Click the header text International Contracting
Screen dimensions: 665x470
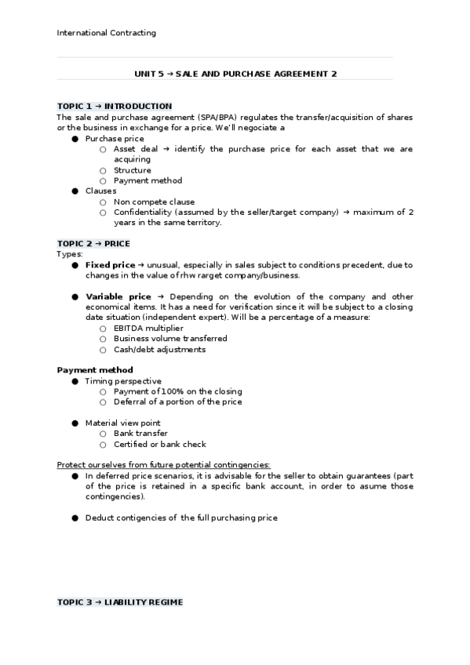[107, 33]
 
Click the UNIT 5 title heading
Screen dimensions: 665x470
[236, 74]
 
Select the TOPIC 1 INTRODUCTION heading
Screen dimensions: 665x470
[115, 106]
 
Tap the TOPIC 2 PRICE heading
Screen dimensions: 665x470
[93, 243]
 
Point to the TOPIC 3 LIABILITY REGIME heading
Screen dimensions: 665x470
[120, 602]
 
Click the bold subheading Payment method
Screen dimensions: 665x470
[95, 370]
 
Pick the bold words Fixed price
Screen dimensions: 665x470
[110, 265]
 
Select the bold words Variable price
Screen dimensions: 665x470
[118, 296]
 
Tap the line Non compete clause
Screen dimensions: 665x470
[154, 202]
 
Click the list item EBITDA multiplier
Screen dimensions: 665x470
[148, 328]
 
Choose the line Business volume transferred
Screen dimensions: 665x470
[170, 339]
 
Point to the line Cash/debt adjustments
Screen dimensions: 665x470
[159, 350]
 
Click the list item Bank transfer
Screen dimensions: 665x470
[140, 433]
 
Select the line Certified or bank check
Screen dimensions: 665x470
[160, 444]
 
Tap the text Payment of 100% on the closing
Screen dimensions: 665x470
[177, 391]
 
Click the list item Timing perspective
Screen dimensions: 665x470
[123, 381]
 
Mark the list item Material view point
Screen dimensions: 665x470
[122, 423]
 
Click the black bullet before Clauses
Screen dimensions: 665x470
[75, 191]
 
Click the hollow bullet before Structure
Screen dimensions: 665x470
[103, 170]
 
